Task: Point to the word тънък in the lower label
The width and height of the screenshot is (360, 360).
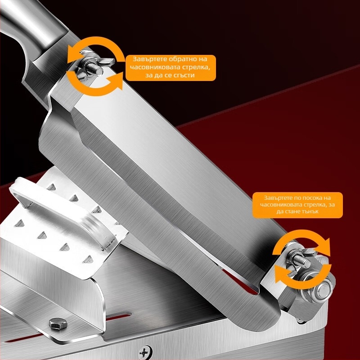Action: coord(310,211)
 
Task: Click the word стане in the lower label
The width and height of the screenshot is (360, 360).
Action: coord(292,211)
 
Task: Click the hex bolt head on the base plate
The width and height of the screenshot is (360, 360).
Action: coord(58,323)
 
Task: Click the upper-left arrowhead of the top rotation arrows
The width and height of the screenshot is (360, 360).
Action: coord(73,54)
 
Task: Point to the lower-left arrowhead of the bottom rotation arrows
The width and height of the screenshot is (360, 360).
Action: coord(280,274)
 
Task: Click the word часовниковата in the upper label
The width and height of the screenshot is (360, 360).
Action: coord(154,67)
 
